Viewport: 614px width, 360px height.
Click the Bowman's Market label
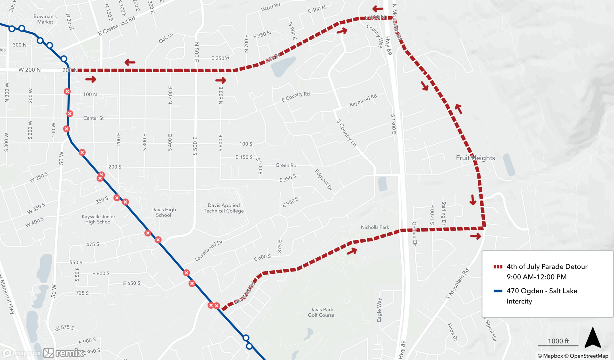[45, 19]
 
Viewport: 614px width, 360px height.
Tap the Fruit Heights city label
[475, 158]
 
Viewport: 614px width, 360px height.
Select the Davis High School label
[164, 212]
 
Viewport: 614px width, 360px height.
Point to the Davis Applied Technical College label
[224, 208]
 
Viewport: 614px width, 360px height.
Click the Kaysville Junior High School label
[98, 219]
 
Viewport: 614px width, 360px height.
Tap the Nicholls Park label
[375, 227]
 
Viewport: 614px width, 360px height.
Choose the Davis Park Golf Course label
[321, 312]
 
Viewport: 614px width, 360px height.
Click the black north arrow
[593, 338]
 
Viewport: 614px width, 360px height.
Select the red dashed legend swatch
[498, 267]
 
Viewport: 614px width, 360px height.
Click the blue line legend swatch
[498, 291]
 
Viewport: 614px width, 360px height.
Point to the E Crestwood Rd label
[117, 26]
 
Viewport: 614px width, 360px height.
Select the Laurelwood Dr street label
[209, 251]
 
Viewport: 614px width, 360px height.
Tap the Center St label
[93, 118]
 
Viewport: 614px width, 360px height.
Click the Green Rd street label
[286, 165]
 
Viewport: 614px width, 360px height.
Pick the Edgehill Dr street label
[324, 180]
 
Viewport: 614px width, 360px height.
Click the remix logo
[64, 353]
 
